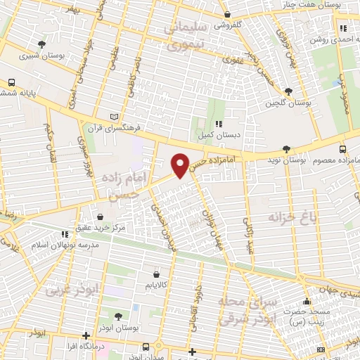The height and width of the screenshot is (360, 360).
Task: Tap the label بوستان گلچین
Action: coord(288,103)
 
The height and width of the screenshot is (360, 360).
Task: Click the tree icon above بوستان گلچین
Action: coord(288,92)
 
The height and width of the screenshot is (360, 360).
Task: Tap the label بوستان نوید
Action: coord(285,160)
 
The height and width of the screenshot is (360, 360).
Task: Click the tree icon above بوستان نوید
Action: coord(285,148)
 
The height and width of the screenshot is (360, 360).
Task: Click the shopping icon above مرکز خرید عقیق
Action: coord(103,217)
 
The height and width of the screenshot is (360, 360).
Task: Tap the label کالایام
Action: coord(155,285)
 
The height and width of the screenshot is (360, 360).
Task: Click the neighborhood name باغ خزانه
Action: coord(292,219)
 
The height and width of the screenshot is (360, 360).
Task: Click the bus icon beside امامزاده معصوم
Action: coord(342,149)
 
